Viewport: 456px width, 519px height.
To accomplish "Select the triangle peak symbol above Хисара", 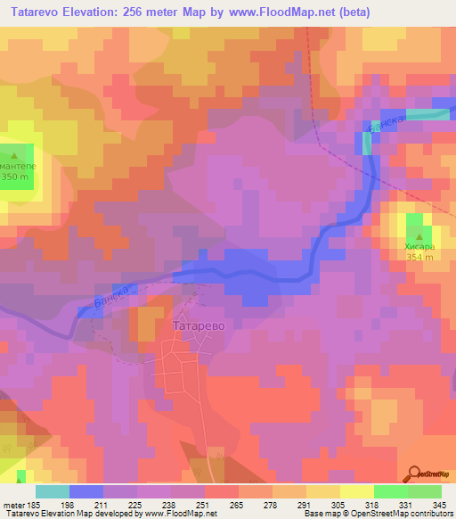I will point(416,234).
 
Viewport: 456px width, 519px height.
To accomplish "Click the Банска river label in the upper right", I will point(388,125).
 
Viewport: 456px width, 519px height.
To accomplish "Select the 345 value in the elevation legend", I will point(436,504).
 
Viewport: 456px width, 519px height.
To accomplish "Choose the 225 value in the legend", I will point(134,504).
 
